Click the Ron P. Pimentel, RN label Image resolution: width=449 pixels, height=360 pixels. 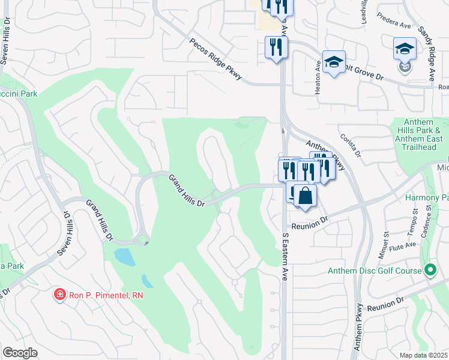click(106, 295)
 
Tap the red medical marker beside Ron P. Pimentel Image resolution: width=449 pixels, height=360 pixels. click(60, 294)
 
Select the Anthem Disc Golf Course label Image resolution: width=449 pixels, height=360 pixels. click(374, 271)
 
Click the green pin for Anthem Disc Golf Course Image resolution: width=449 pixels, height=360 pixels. click(430, 271)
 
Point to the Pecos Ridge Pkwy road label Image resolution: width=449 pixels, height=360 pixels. click(215, 59)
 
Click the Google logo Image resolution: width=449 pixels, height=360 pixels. click(20, 353)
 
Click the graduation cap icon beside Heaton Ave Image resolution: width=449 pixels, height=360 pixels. click(334, 62)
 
